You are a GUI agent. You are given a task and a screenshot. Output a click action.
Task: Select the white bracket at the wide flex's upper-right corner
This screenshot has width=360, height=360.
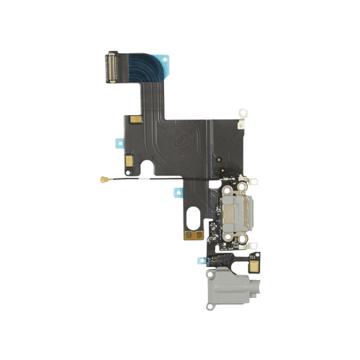tap(243, 113)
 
